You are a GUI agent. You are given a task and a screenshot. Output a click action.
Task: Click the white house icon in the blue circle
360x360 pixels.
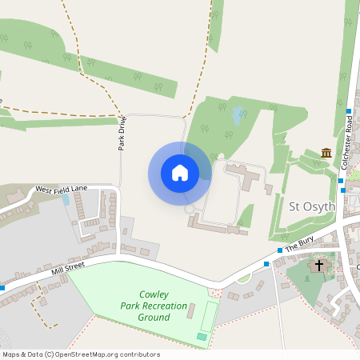click(x=180, y=172)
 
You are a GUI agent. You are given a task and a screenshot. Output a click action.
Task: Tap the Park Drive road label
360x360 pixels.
click(x=122, y=134)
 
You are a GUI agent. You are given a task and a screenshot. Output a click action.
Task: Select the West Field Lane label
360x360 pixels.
click(x=62, y=190)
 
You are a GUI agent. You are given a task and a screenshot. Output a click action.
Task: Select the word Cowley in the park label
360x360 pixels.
click(x=154, y=294)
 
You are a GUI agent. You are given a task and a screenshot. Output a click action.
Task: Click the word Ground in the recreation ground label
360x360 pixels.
click(x=153, y=317)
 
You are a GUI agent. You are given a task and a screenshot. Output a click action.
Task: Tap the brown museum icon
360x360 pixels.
click(x=326, y=153)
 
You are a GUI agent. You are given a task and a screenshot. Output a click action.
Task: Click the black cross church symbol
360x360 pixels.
click(x=320, y=264)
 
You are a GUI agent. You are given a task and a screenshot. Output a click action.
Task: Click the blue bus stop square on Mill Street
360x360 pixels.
click(x=2, y=287)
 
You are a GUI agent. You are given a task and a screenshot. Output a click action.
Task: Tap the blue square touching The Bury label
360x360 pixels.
click(x=279, y=250)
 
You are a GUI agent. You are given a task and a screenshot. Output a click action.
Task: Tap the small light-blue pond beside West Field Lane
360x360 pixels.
click(x=66, y=200)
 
